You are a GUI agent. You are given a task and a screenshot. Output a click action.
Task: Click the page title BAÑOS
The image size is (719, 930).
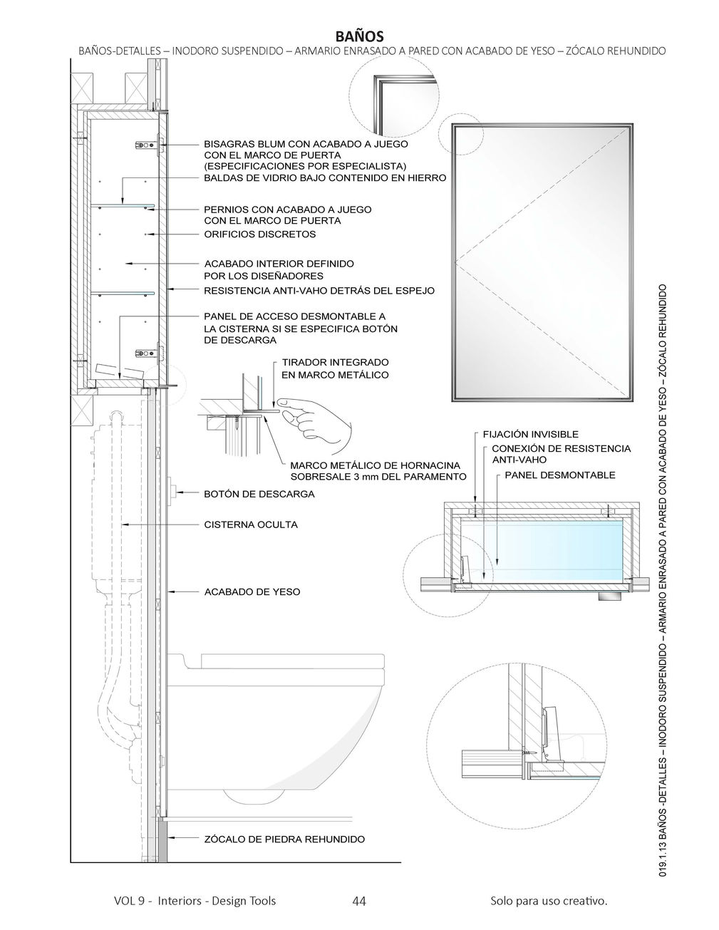click(359, 36)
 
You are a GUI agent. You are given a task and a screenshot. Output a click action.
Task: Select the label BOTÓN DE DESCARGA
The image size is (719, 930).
click(259, 493)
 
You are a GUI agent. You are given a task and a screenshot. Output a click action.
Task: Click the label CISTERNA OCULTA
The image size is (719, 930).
click(251, 525)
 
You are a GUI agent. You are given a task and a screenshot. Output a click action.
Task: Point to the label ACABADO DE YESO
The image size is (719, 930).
click(252, 591)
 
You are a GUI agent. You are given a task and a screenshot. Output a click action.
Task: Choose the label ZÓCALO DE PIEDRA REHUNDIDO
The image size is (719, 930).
click(284, 839)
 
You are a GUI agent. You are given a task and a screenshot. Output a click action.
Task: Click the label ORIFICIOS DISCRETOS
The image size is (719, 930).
click(259, 234)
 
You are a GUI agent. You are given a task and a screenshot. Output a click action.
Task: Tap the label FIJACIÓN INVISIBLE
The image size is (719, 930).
click(530, 434)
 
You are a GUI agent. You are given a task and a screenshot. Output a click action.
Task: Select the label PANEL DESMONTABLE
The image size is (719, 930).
click(560, 475)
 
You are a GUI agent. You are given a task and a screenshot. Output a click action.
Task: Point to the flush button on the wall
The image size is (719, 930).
click(172, 490)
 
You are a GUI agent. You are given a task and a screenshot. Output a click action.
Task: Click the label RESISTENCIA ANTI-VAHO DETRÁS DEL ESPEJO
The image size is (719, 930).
click(319, 291)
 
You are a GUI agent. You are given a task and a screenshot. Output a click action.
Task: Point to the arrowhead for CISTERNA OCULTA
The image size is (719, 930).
click(123, 525)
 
